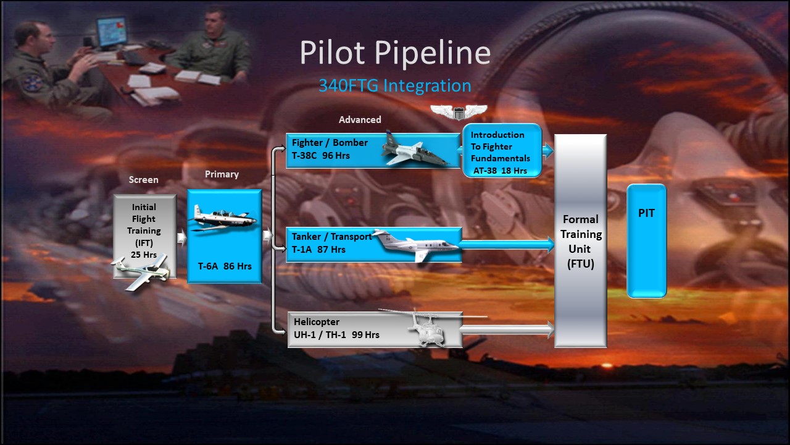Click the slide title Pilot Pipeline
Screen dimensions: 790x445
click(x=395, y=53)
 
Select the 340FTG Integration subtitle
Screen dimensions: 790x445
click(x=395, y=86)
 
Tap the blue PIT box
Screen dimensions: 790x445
click(x=646, y=240)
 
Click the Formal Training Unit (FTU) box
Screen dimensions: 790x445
click(x=581, y=241)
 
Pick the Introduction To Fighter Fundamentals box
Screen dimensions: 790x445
click(x=502, y=150)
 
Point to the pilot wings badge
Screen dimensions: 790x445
click(x=459, y=112)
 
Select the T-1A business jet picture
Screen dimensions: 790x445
click(x=416, y=245)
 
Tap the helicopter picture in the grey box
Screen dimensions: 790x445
click(x=428, y=327)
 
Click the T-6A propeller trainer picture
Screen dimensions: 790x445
click(x=223, y=218)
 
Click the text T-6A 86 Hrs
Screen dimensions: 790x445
click(x=225, y=266)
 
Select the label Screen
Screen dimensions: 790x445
click(x=144, y=180)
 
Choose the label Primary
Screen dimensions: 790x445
click(x=222, y=174)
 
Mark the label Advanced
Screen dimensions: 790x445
click(x=360, y=120)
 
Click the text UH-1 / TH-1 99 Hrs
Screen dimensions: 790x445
click(x=336, y=334)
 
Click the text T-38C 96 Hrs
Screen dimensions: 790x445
click(x=320, y=155)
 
